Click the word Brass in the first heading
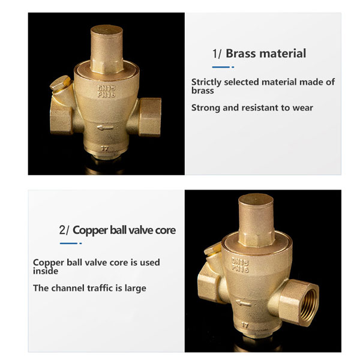(x=242, y=53)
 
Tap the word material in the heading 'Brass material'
(x=283, y=53)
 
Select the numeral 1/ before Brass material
(x=217, y=54)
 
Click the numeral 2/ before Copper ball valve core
(x=64, y=230)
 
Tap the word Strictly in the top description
(x=206, y=82)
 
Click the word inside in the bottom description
(x=46, y=271)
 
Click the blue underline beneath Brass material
(x=223, y=67)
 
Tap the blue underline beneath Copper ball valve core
(x=71, y=244)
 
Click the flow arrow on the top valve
(x=105, y=127)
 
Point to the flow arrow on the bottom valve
(x=244, y=303)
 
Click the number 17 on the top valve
(x=104, y=149)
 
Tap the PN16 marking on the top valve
(x=106, y=94)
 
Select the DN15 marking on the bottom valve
(x=240, y=261)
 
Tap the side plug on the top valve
(x=61, y=83)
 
